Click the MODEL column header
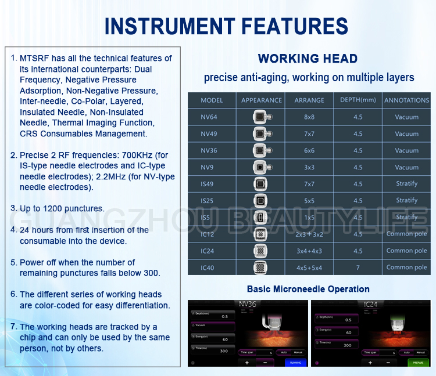tap(212, 100)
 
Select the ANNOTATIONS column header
tap(406, 100)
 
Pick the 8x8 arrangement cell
tap(309, 117)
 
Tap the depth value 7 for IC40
tap(358, 267)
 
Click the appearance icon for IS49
tap(261, 184)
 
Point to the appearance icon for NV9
tap(261, 167)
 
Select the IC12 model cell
tap(208, 234)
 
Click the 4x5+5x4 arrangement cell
tap(309, 267)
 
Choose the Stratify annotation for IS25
tap(406, 200)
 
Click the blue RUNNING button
tap(295, 362)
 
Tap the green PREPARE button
tap(419, 362)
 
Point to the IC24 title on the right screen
tap(370, 303)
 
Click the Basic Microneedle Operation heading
tap(308, 289)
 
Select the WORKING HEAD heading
tap(308, 59)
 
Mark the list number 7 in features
tap(14, 327)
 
